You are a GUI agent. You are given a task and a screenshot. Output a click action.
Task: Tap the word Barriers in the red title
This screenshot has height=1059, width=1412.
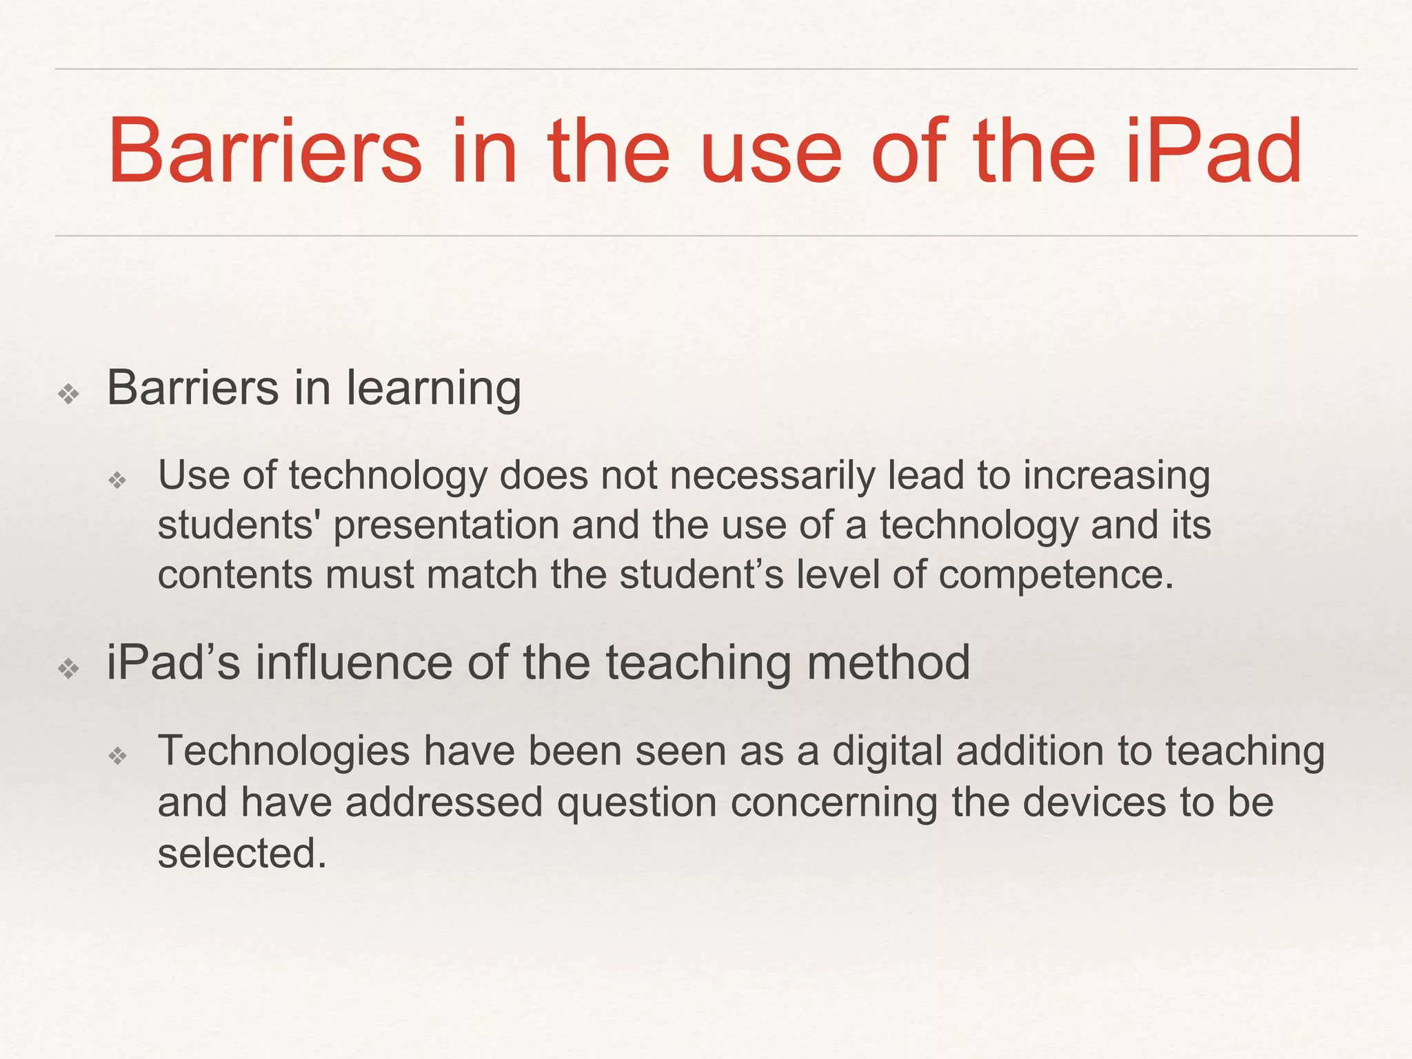(265, 151)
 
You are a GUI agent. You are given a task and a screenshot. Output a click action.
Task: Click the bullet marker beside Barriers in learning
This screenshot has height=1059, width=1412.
(69, 394)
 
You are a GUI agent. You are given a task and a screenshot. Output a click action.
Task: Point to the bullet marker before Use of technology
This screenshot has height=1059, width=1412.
(118, 480)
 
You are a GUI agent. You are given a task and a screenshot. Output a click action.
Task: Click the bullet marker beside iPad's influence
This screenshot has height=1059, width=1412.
(69, 668)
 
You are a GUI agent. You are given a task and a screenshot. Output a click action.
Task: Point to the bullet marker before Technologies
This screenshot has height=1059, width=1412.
(118, 756)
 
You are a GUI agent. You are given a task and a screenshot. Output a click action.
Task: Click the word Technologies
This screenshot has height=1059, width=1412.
(283, 752)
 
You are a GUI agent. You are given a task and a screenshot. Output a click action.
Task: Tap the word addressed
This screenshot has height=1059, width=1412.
(444, 803)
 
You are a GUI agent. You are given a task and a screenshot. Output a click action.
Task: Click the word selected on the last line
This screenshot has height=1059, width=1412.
(241, 854)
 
